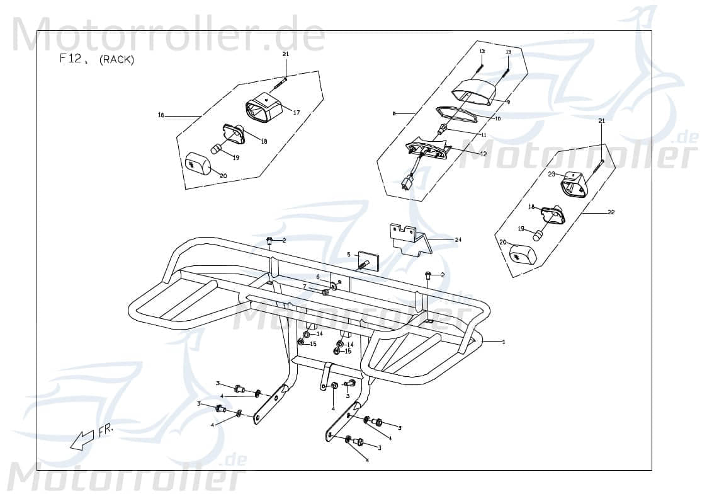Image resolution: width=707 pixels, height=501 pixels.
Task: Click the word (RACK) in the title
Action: tap(117, 60)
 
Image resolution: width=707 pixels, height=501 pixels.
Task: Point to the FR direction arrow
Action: tap(83, 439)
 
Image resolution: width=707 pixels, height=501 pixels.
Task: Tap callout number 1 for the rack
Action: tap(504, 342)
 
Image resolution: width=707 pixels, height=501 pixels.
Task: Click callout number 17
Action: tap(296, 112)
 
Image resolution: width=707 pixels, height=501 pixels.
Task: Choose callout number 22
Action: tap(611, 212)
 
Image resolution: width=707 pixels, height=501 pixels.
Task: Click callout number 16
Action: tap(161, 115)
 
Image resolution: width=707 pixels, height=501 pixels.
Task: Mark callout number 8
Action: tap(394, 113)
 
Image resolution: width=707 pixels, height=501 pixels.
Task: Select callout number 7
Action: tap(304, 286)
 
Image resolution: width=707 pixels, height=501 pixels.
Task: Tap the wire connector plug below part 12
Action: tap(407, 183)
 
